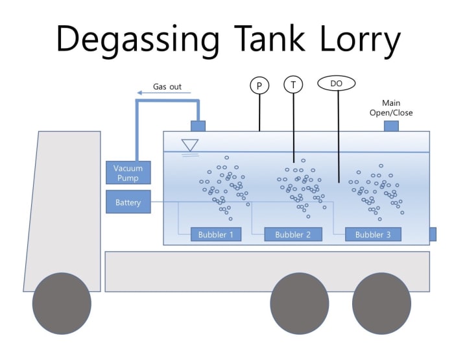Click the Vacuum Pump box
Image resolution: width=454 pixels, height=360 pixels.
click(x=128, y=173)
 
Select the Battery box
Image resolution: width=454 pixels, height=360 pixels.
click(x=128, y=202)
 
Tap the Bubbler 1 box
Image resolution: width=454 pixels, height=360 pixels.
click(x=217, y=234)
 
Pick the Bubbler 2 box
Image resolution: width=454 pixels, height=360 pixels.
click(x=293, y=234)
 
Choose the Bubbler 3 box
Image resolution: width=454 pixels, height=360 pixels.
click(x=373, y=234)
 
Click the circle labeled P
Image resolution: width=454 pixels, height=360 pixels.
click(x=259, y=85)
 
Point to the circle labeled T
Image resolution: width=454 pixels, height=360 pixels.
click(x=293, y=85)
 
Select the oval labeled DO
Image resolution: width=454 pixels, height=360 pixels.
click(x=336, y=84)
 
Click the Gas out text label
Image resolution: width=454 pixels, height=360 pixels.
click(x=167, y=86)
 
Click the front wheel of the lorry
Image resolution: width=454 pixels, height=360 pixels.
click(x=62, y=303)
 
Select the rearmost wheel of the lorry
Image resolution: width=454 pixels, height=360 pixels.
click(x=381, y=303)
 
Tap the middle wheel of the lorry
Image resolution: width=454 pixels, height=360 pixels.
click(x=299, y=303)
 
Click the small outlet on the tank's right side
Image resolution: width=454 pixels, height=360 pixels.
click(x=433, y=234)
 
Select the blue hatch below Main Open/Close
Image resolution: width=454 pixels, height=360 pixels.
click(x=391, y=126)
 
